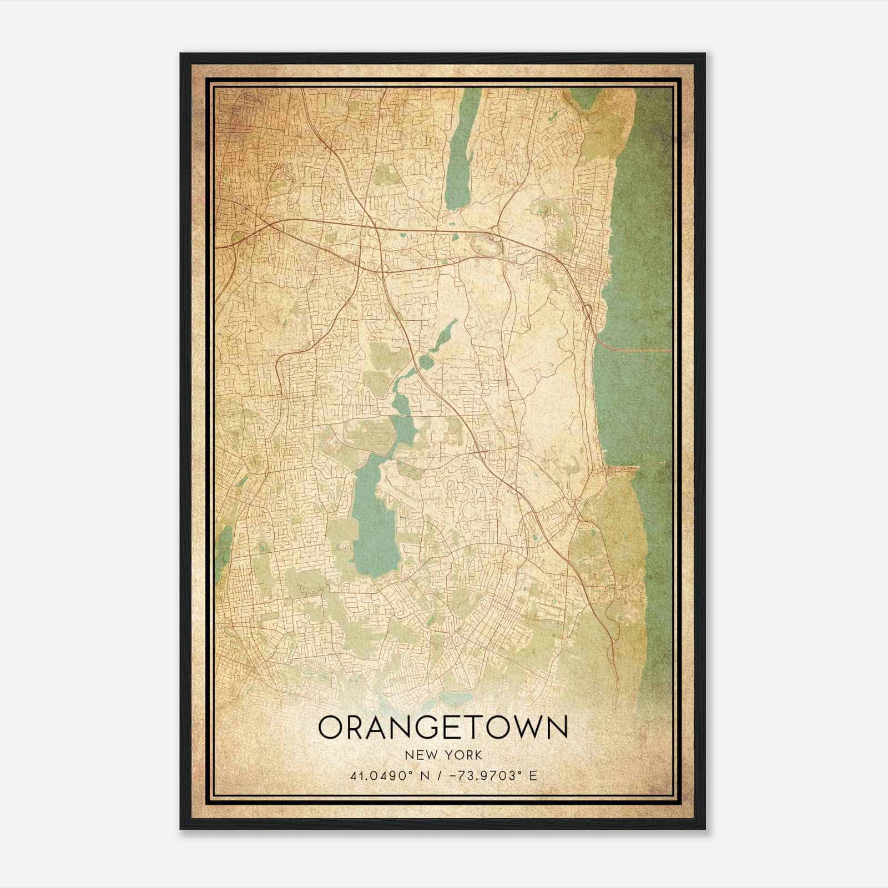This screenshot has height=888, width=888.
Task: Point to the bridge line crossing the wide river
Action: tap(633, 349)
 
